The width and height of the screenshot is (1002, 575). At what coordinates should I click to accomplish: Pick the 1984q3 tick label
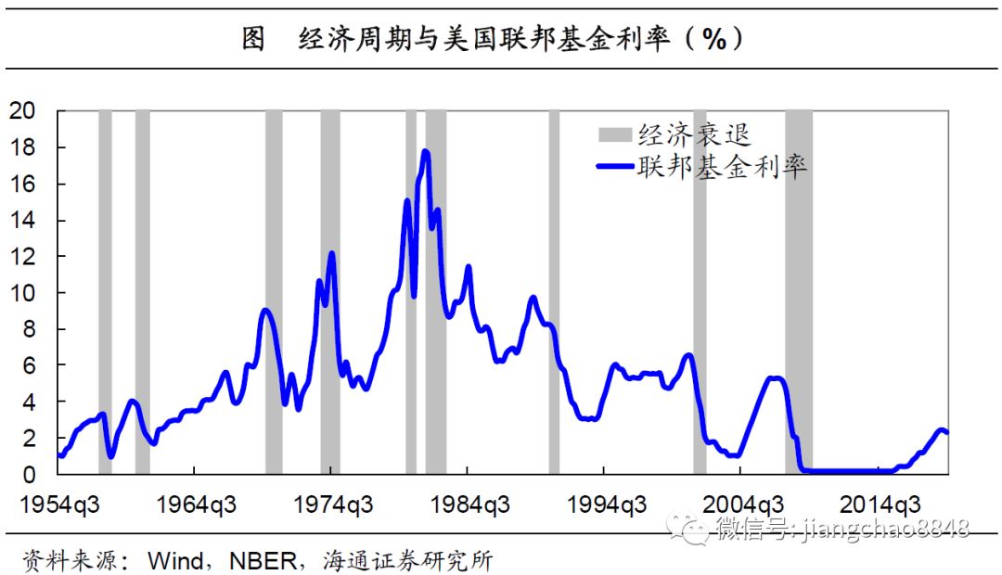(x=469, y=505)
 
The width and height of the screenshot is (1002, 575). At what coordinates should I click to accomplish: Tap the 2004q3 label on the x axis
(x=742, y=505)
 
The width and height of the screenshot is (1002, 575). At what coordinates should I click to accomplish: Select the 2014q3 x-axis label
(x=880, y=505)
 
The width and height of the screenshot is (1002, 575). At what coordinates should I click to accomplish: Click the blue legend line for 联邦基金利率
(x=613, y=167)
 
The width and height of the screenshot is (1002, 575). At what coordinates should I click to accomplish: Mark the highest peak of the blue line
(x=426, y=151)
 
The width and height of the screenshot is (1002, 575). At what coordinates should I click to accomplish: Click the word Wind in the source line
(x=176, y=560)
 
